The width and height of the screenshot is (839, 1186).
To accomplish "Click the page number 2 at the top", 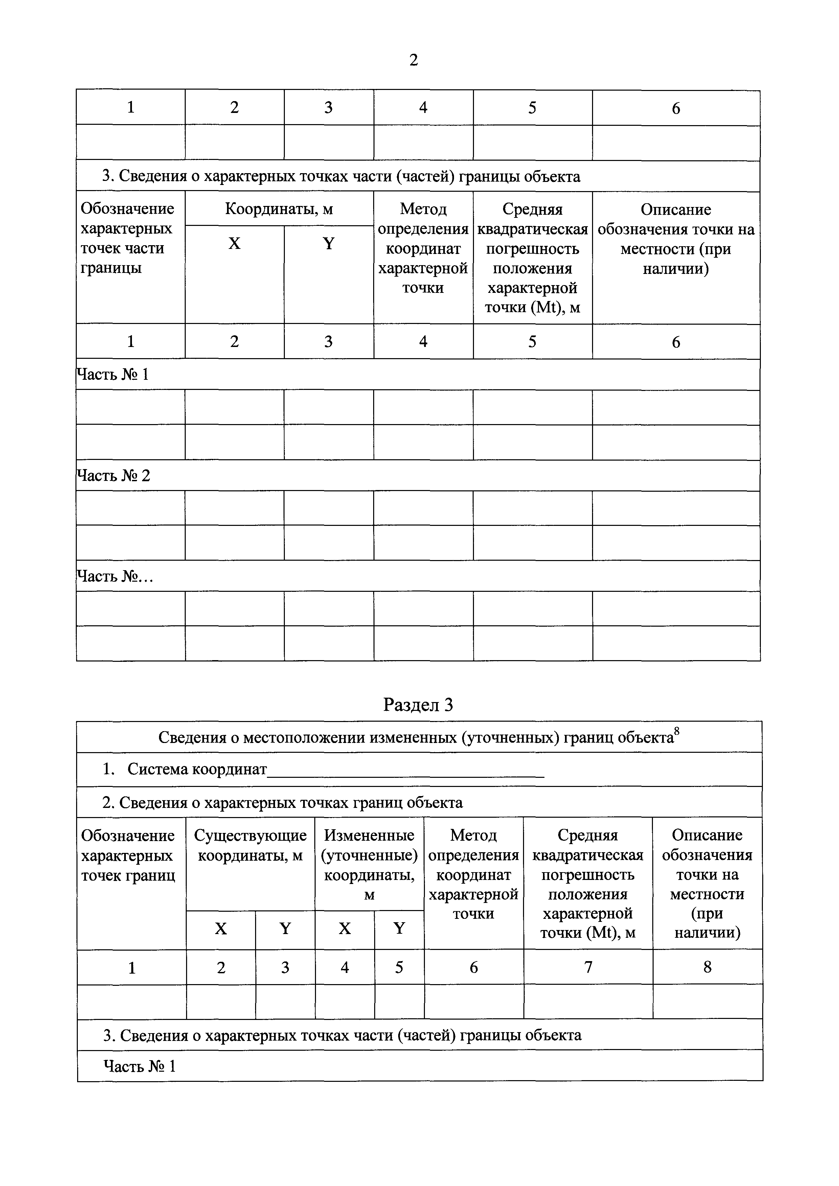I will click(x=413, y=61).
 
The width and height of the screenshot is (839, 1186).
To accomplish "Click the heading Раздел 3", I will click(x=418, y=704).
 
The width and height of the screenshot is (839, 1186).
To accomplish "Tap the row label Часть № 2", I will click(x=113, y=475).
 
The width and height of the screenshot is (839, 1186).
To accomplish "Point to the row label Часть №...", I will click(x=115, y=576).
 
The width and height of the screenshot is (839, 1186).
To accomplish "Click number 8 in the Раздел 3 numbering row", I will click(x=707, y=967).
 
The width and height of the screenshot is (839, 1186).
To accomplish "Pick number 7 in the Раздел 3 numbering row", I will click(x=588, y=967).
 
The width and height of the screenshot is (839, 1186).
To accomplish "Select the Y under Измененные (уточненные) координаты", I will click(x=399, y=928).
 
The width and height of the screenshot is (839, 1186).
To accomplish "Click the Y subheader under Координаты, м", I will click(x=328, y=243).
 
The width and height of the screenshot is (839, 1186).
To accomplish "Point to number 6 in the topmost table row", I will click(x=676, y=108).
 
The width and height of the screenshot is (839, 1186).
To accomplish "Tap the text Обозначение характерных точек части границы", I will click(x=128, y=238).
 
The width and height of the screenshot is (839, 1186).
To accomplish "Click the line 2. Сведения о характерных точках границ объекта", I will click(x=282, y=802).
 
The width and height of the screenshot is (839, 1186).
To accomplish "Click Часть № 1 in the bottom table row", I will click(x=139, y=1066).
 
